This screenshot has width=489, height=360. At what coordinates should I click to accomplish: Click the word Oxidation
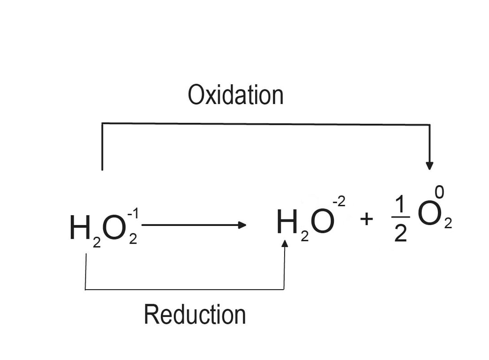(235, 95)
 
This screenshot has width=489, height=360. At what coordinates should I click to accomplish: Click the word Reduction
(195, 315)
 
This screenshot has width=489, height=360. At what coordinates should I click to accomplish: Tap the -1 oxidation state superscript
(134, 214)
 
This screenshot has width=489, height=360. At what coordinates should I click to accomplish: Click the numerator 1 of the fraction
(399, 204)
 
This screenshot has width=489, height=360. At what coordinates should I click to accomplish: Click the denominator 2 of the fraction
(399, 234)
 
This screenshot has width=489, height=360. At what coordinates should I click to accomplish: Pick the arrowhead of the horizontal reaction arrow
(242, 225)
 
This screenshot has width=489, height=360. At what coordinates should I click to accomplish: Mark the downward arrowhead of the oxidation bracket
(429, 166)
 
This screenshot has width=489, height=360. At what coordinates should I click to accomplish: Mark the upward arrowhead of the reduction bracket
(284, 244)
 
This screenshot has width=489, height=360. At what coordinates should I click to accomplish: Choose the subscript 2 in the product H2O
(305, 237)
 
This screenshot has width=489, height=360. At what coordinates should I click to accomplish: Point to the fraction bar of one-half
(399, 219)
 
